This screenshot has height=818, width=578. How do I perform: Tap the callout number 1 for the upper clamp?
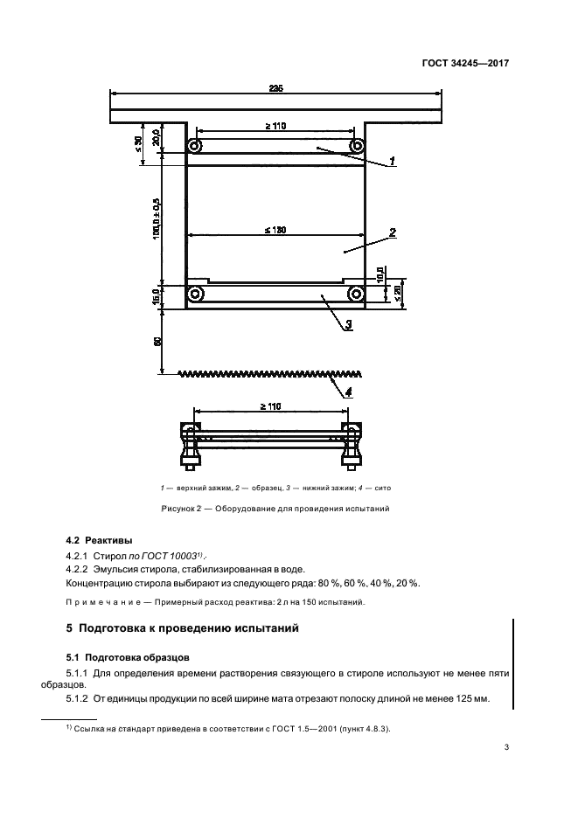[393, 160]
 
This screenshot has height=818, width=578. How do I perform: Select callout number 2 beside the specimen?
[393, 232]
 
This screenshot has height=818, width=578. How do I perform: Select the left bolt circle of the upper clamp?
[197, 146]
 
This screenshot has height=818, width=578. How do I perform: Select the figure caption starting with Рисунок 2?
[275, 508]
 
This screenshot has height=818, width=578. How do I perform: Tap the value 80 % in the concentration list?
[321, 583]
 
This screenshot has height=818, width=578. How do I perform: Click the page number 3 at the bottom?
[506, 746]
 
